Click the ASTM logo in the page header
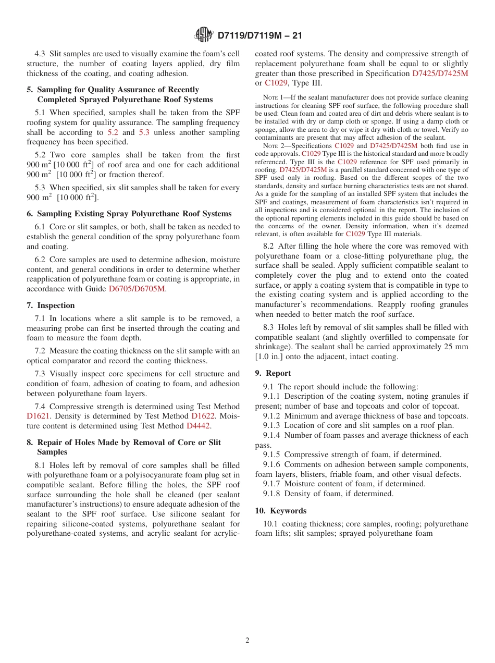coord(203,35)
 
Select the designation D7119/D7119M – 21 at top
coord(259,35)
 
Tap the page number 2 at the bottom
coord(247,641)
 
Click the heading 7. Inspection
coord(51,305)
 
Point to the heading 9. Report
coord(273,373)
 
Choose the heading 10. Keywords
coord(281,511)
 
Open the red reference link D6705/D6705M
coord(137,289)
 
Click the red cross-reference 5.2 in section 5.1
coord(113,132)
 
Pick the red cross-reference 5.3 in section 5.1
coord(144,132)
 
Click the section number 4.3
coord(41,54)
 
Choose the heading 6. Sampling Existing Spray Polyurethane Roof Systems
coord(129,214)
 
